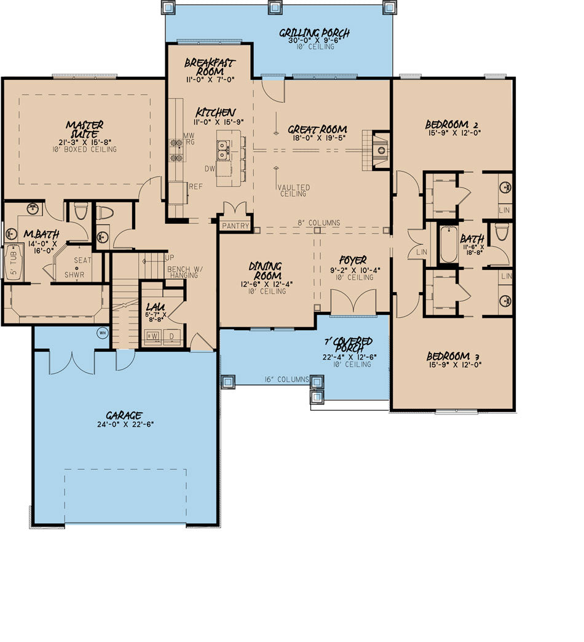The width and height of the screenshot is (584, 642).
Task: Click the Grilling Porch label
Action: (314, 33)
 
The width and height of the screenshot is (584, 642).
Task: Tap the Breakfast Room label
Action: (210, 67)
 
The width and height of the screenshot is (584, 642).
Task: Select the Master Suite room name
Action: (85, 129)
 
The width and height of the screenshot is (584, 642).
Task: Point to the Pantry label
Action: (235, 226)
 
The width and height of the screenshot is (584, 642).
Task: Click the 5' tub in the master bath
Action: (14, 262)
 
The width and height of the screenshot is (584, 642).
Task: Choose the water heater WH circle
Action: (102, 333)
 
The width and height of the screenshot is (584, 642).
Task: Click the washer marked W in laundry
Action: (153, 336)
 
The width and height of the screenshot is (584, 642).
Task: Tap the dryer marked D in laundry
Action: (172, 336)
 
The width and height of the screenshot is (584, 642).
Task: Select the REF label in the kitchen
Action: (195, 187)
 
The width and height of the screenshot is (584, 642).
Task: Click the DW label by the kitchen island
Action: (210, 168)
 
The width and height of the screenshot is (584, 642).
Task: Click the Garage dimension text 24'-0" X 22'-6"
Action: (125, 424)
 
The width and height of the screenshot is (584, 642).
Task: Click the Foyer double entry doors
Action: (353, 302)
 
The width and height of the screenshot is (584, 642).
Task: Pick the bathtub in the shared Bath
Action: (449, 244)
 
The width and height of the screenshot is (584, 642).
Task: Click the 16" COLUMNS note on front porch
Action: (287, 379)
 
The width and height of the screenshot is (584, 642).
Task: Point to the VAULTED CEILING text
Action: (294, 191)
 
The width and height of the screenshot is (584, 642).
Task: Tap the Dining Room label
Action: (266, 271)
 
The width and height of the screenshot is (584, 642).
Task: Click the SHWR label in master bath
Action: (74, 275)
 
